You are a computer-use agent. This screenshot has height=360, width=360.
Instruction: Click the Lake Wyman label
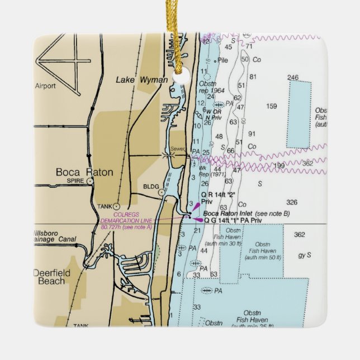[141, 80]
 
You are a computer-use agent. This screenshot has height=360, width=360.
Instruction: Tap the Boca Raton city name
[84, 173]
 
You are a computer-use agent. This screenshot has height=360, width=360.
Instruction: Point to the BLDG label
[150, 187]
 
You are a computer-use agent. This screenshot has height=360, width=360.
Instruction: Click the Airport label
[45, 86]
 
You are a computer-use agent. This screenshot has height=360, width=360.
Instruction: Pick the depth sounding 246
[293, 78]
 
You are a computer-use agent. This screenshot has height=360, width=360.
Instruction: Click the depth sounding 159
[272, 106]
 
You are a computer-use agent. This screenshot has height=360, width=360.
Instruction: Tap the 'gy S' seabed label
[305, 255]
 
